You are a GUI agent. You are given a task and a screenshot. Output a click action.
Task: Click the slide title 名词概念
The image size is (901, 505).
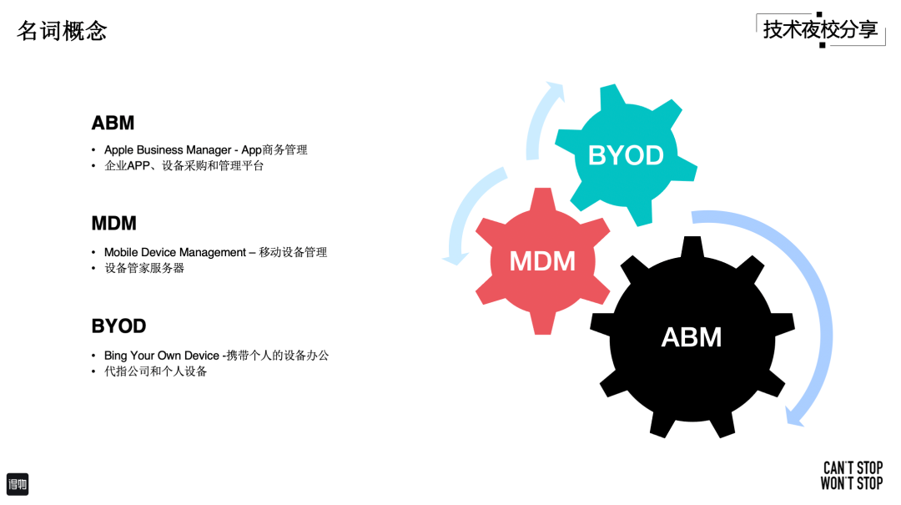(x=62, y=31)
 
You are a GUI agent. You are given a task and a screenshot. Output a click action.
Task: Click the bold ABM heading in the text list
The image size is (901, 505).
(x=113, y=124)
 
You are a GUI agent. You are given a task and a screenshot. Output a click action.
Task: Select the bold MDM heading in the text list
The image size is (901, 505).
(x=113, y=224)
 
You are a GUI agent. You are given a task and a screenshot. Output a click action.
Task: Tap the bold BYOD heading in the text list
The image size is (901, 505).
(x=118, y=326)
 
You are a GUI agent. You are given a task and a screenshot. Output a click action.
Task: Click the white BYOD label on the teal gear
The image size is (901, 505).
(x=626, y=155)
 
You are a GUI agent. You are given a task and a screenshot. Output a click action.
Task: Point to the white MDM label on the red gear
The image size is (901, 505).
(x=542, y=261)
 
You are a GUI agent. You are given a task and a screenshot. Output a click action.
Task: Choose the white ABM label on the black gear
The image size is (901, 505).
(x=691, y=337)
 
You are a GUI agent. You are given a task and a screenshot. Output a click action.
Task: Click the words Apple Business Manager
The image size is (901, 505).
(x=168, y=150)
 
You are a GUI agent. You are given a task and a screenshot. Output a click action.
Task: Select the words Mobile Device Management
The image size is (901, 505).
(x=175, y=252)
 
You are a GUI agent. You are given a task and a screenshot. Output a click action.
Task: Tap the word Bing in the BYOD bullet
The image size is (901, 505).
(x=116, y=356)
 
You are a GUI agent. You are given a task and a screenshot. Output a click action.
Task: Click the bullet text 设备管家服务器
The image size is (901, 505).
(x=144, y=268)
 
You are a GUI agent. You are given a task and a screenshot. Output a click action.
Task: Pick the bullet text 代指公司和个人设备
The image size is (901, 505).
(x=155, y=371)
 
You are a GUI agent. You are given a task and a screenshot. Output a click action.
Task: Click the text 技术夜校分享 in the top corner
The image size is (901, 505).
(x=820, y=30)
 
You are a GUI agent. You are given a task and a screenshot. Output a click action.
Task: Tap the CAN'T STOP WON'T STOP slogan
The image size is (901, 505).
(x=852, y=475)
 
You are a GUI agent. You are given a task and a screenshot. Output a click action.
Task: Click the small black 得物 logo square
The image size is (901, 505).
(x=18, y=484)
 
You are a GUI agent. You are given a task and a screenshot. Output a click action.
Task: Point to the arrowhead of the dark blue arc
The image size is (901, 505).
(x=794, y=417)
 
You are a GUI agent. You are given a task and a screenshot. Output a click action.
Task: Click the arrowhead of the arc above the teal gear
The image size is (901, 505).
(x=555, y=91)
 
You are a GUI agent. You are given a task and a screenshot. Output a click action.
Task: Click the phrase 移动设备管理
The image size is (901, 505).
(x=293, y=252)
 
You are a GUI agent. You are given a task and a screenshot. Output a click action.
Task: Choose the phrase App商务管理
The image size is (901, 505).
(x=274, y=150)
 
